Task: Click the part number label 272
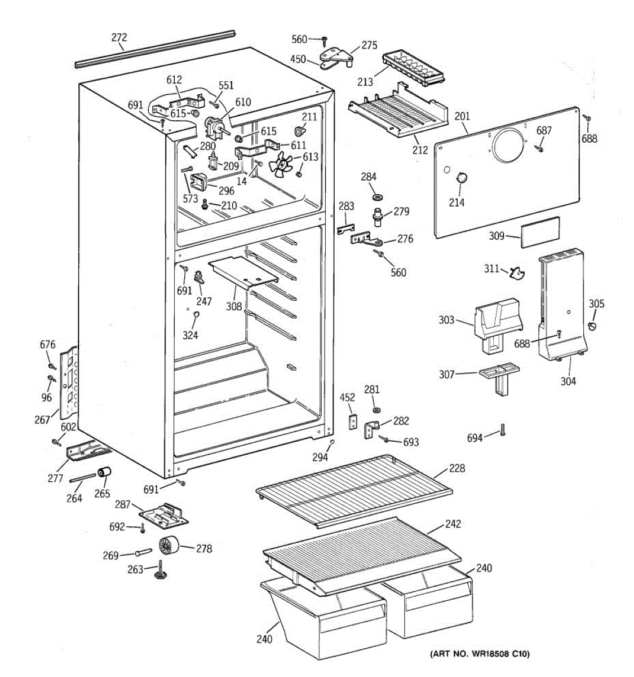119,37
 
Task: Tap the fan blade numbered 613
281,165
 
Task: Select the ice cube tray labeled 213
413,69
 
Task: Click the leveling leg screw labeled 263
159,570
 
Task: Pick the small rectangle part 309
540,232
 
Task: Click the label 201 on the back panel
462,116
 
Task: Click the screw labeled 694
503,430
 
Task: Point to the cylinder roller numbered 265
104,472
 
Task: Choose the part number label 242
453,524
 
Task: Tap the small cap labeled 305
592,326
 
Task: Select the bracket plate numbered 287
164,516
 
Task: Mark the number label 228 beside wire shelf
457,468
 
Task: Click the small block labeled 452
353,421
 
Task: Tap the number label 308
234,306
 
